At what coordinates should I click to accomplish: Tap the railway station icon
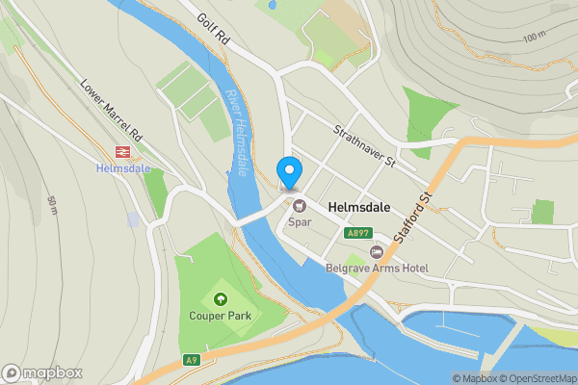tap(122, 151)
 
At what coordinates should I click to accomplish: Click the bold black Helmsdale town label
tap(358, 207)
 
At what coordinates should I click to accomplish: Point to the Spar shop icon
tap(299, 205)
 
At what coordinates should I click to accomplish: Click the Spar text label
tap(299, 222)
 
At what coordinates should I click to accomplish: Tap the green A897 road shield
tap(358, 233)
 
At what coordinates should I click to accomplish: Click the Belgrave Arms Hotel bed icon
tap(377, 251)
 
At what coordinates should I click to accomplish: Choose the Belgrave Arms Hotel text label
tap(377, 269)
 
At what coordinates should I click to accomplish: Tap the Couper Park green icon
tap(221, 298)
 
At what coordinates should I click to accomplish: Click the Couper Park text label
tap(221, 316)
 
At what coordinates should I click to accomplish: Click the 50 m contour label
tap(51, 205)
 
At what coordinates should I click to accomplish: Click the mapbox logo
tap(42, 372)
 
